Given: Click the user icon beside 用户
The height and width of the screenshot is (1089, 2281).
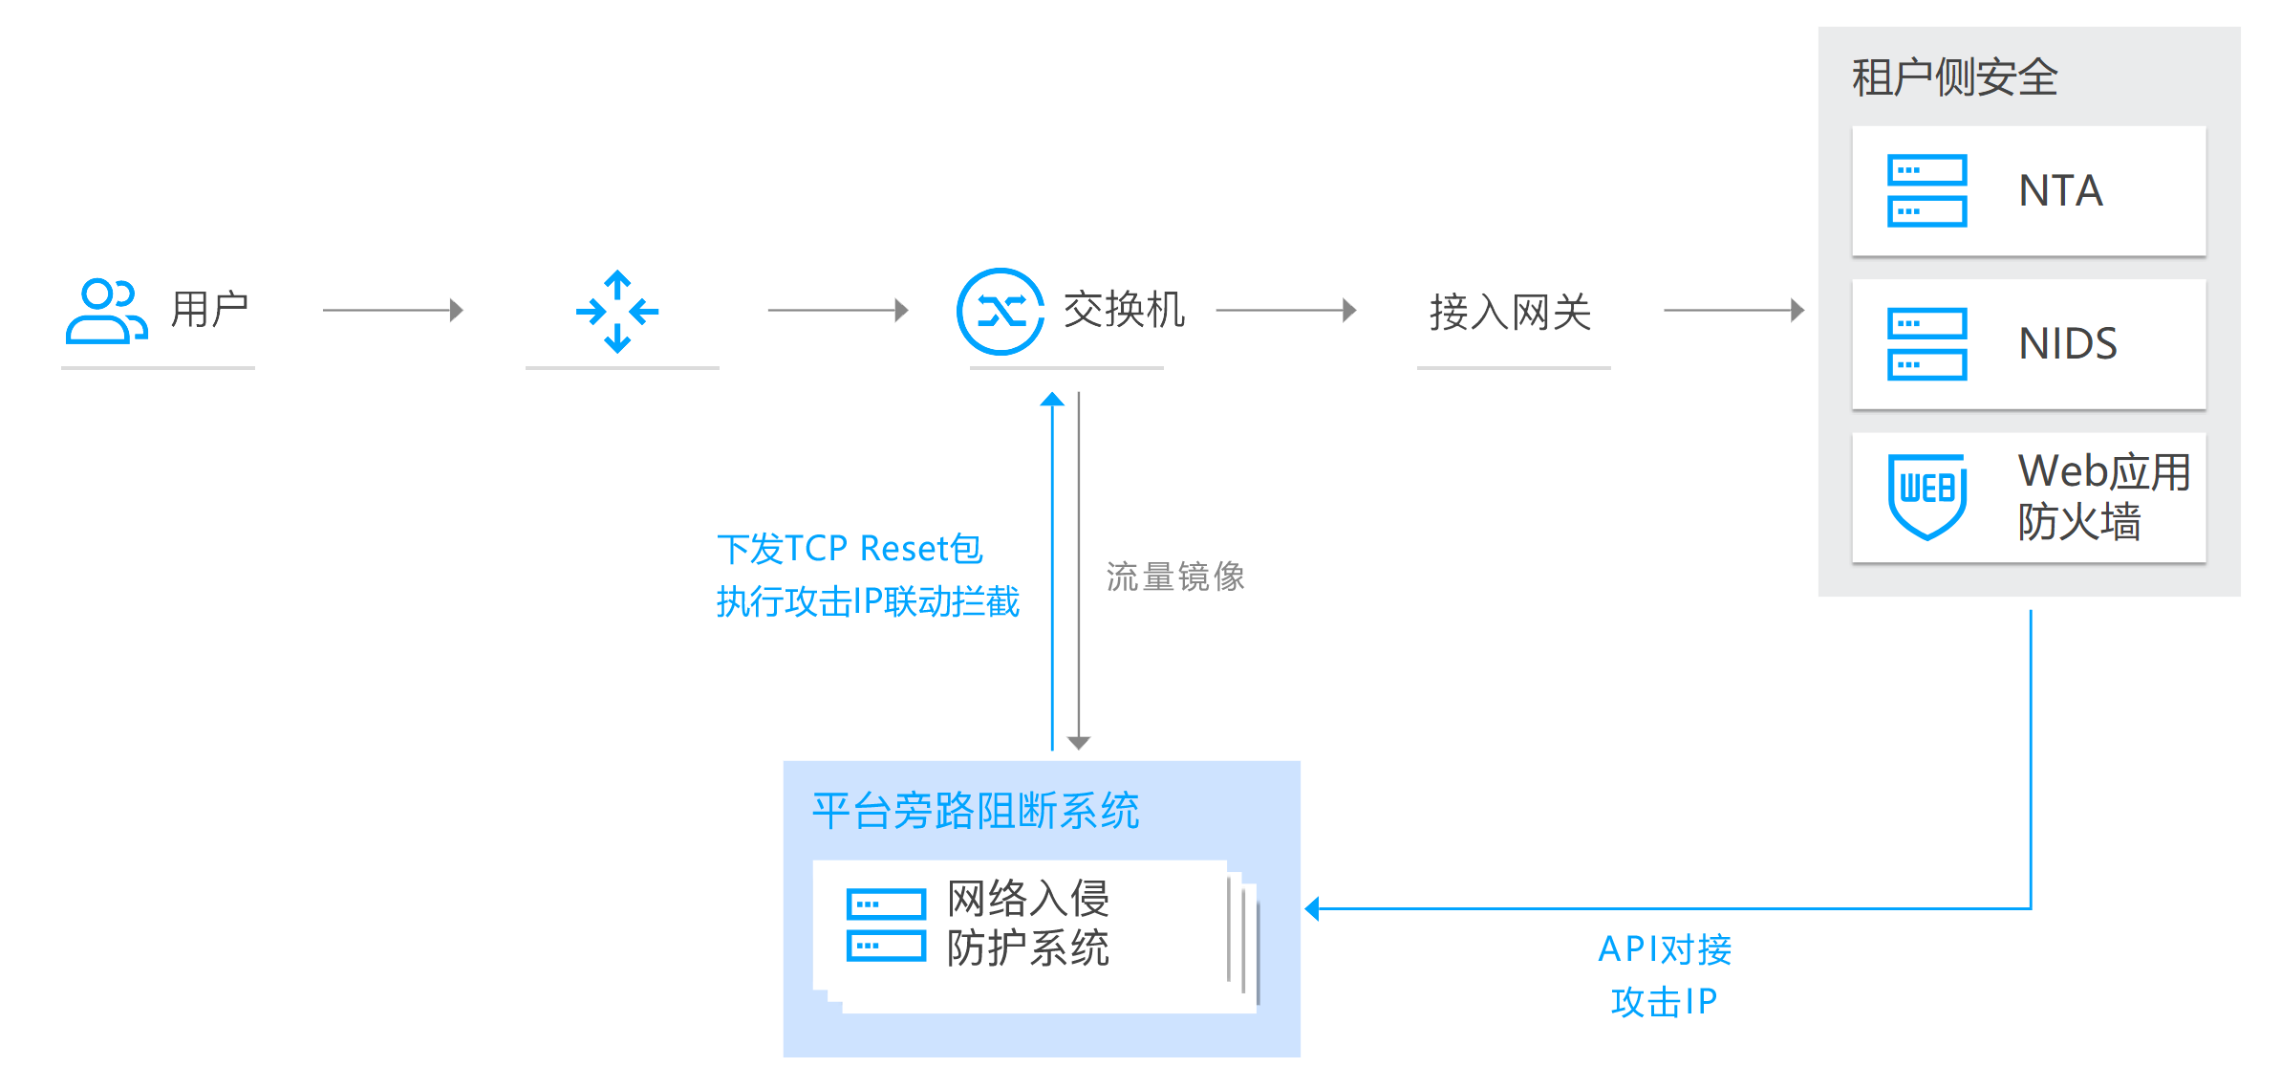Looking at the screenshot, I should click(105, 311).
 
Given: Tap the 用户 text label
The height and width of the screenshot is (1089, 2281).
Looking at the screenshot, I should click(209, 310).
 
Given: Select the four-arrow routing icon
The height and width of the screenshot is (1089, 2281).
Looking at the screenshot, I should click(617, 312).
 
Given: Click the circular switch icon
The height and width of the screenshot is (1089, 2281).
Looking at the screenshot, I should click(1001, 312).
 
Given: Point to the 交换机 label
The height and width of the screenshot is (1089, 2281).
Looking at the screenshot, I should click(1124, 310).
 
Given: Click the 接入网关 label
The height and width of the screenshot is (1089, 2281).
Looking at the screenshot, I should click(1510, 313).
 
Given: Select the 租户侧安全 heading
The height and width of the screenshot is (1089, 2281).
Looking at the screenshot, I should click(1954, 77).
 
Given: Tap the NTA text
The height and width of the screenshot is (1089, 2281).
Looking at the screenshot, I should click(2060, 191).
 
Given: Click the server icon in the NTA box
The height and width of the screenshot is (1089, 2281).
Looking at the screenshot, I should click(1926, 191).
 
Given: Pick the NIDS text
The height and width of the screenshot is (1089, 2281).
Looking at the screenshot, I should click(2068, 344).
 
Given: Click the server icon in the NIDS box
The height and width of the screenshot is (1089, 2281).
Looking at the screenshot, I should click(1926, 344).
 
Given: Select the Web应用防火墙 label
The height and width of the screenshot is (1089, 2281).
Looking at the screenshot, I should click(2102, 496).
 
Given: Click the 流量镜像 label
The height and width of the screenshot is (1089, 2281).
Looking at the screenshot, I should click(1175, 577).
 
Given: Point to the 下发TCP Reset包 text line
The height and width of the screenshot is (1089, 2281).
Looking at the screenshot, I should click(850, 549).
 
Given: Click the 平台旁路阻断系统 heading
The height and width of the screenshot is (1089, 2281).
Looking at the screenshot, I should click(975, 811).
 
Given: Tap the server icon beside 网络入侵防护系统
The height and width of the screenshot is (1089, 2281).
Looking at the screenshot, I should click(886, 925).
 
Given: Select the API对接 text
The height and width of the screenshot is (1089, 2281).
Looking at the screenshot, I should click(1665, 949).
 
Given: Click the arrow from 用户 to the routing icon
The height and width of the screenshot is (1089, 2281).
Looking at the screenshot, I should click(393, 310).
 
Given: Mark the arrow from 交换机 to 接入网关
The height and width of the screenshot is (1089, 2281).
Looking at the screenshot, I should click(1285, 310).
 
